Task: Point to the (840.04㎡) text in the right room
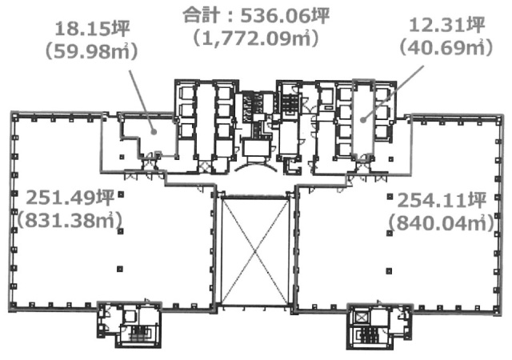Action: [437, 223]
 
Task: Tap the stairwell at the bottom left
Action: [127, 326]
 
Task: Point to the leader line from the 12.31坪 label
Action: [392, 88]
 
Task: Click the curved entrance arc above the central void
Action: [256, 172]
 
